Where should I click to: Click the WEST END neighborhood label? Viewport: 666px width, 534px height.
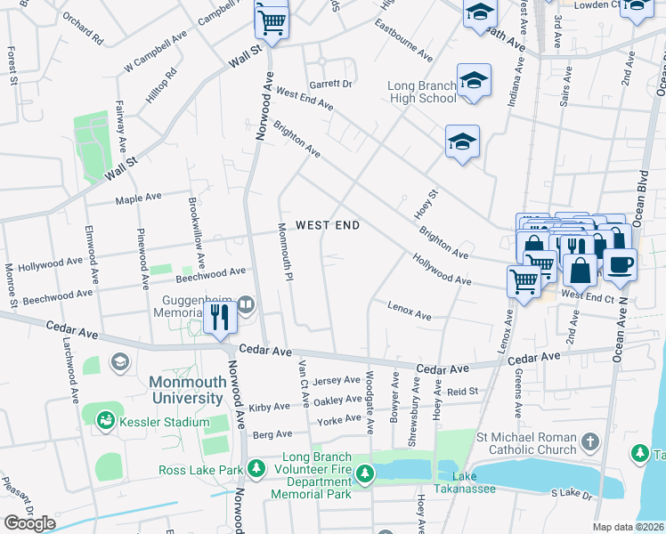pyautogui.click(x=328, y=226)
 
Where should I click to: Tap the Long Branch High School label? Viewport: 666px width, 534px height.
pyautogui.click(x=422, y=93)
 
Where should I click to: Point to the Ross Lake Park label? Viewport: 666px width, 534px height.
pyautogui.click(x=201, y=470)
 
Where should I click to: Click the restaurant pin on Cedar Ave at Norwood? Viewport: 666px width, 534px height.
pyautogui.click(x=218, y=315)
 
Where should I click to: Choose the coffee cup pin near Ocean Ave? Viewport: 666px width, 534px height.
pyautogui.click(x=620, y=263)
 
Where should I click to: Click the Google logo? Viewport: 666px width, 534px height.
pyautogui.click(x=29, y=523)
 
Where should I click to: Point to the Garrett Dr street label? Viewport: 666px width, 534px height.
pyautogui.click(x=332, y=83)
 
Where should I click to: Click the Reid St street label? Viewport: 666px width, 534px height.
pyautogui.click(x=463, y=392)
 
